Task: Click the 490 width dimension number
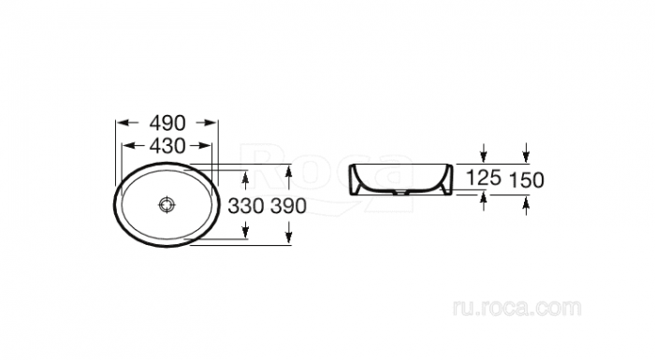pos(167,122)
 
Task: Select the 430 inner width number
pos(167,146)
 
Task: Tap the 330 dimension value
pos(246,206)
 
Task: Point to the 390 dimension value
pos(288,206)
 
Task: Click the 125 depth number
pos(484,178)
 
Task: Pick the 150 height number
pos(526,180)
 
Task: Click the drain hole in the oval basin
pos(167,204)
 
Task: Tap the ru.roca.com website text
pos(517,309)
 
